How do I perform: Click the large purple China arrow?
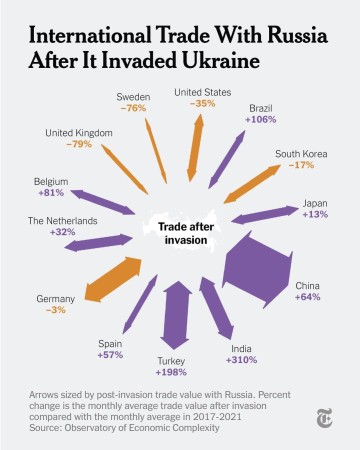(257, 271)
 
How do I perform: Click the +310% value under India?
(242, 359)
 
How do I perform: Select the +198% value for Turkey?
(172, 373)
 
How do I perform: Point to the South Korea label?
(303, 154)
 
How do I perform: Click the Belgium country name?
(51, 181)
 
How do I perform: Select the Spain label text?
(110, 343)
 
